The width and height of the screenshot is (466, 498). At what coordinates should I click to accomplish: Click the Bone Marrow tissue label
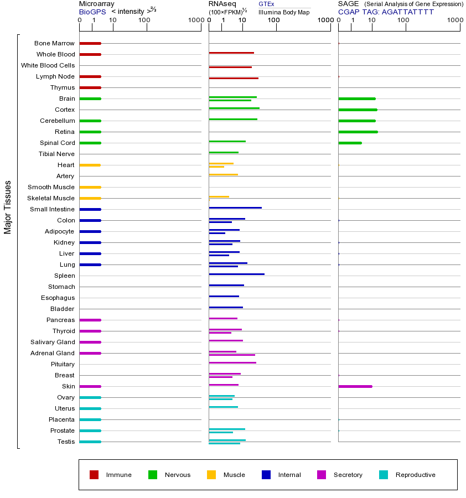(x=54, y=43)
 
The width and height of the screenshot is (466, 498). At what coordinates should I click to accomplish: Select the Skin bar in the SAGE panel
(x=355, y=386)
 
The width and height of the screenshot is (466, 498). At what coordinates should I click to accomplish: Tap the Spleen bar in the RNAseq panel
(x=236, y=274)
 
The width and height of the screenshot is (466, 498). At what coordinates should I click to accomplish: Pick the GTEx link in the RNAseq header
(x=266, y=4)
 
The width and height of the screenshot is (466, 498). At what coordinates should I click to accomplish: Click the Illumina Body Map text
(x=284, y=12)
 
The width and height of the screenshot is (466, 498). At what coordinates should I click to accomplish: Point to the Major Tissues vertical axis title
(x=8, y=206)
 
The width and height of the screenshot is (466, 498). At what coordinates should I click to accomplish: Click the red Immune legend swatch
(x=94, y=475)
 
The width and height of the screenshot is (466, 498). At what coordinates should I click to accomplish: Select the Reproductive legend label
(x=415, y=475)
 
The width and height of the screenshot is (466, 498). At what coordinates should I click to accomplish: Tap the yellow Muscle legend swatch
(x=211, y=475)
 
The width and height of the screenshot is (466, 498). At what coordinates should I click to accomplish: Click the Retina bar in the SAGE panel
(x=358, y=132)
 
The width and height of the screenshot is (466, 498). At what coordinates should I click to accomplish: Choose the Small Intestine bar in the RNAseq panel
(x=235, y=207)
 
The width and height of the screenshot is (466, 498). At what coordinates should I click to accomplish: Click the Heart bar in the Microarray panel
(x=90, y=165)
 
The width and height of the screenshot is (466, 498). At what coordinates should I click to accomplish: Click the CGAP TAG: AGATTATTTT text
(x=386, y=11)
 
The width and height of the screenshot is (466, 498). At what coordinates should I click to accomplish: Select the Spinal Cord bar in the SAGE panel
(x=350, y=143)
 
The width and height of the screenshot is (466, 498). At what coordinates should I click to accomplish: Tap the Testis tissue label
(x=66, y=442)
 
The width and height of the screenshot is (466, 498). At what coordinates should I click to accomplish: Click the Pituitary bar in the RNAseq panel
(x=232, y=362)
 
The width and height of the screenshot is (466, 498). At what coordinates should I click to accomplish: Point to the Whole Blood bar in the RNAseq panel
(x=231, y=53)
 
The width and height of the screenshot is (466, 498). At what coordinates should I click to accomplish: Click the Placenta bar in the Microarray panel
(x=90, y=419)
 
